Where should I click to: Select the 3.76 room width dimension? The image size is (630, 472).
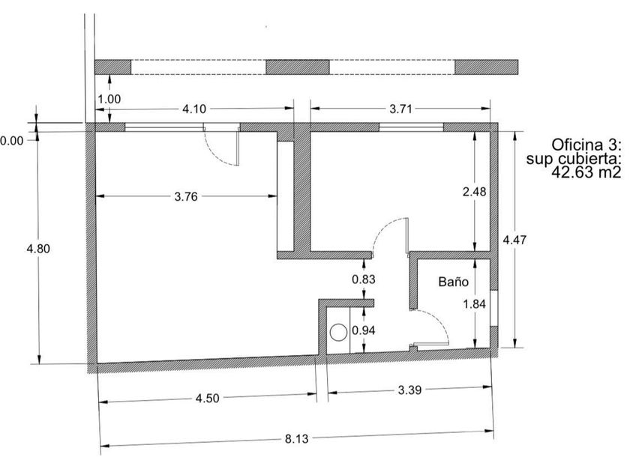(x=187, y=197)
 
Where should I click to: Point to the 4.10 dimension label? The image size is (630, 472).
(x=194, y=109)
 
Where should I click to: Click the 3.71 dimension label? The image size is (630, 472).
(x=401, y=109)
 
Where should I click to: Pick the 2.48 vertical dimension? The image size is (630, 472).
(x=476, y=191)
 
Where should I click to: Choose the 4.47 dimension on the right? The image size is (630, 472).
(x=514, y=240)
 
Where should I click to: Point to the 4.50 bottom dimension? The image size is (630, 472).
(x=207, y=399)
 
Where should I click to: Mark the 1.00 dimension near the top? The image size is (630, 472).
(x=109, y=98)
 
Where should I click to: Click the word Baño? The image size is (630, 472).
(x=454, y=282)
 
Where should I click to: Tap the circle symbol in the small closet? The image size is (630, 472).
(x=338, y=331)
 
